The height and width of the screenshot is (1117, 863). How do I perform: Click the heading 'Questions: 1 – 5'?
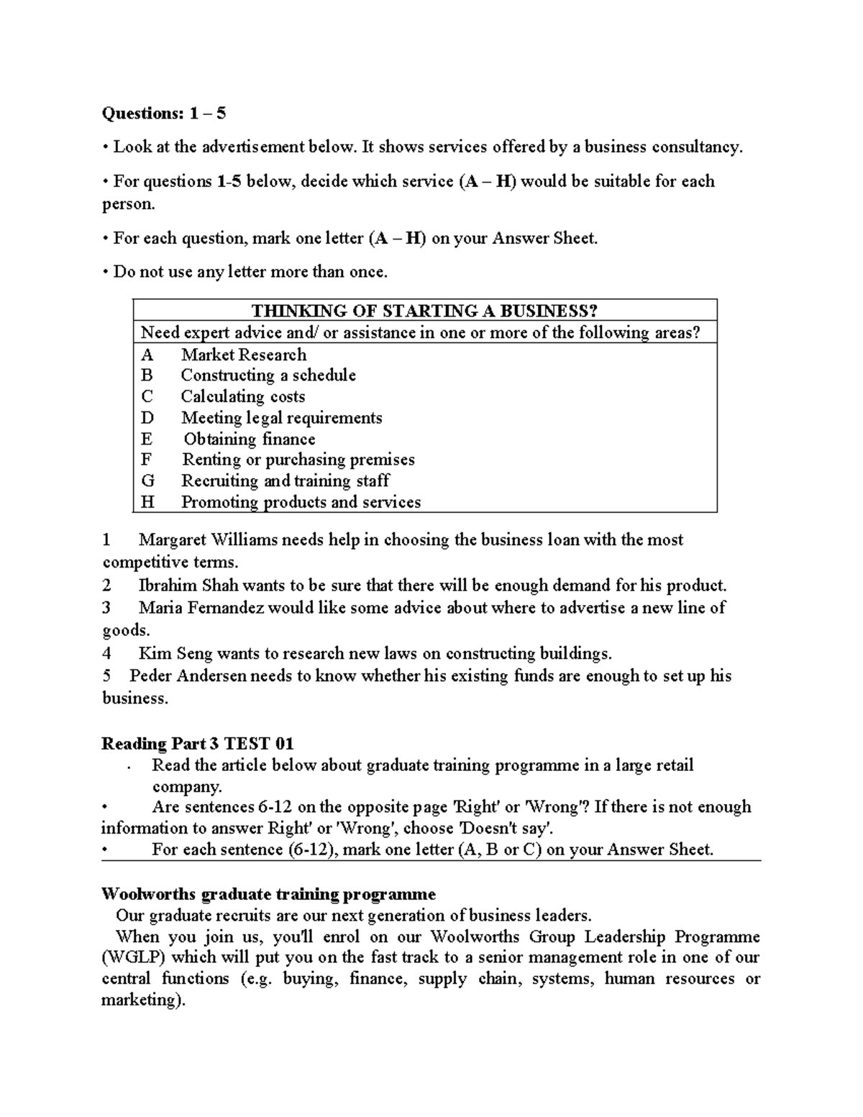164,113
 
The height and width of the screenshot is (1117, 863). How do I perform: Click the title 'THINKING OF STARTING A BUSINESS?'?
424,311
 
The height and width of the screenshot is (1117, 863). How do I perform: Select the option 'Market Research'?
244,355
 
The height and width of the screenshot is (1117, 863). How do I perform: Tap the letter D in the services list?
147,418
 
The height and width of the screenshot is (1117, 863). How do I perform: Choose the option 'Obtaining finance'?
250,439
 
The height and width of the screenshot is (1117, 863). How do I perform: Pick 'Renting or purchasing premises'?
298,460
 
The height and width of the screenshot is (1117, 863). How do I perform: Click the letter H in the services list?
147,502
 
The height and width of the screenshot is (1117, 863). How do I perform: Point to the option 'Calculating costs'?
243,396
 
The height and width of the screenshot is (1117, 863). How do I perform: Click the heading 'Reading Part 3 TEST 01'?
198,744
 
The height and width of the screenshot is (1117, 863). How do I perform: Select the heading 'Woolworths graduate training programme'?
268,894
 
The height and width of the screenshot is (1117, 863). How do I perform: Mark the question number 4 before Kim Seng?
107,653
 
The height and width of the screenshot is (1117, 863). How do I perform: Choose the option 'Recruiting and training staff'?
285,480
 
